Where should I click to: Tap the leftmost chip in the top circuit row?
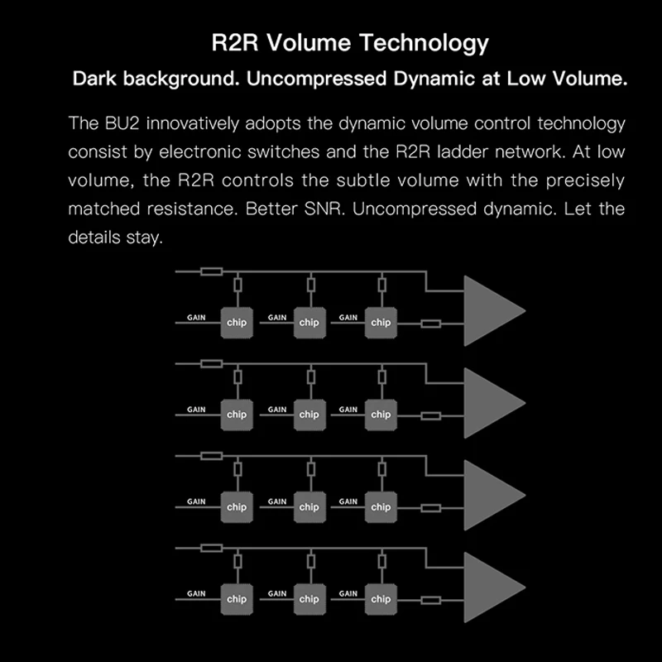click(x=237, y=323)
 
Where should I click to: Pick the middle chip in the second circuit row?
click(x=309, y=415)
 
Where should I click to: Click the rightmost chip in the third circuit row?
click(x=381, y=506)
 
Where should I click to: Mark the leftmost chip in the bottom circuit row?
click(x=237, y=598)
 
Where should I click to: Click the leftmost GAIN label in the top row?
click(x=196, y=317)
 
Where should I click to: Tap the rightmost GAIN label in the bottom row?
click(x=348, y=593)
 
